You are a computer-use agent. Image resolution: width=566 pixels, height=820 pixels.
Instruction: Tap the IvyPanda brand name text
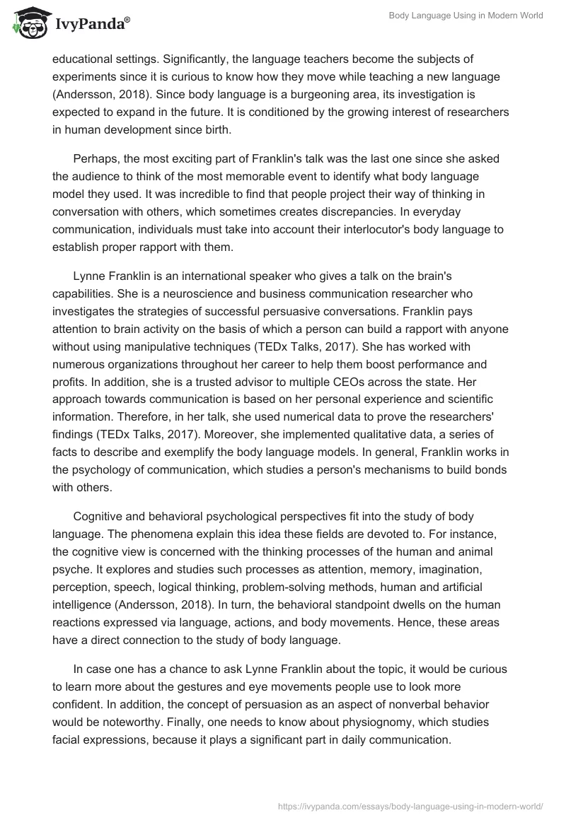89,25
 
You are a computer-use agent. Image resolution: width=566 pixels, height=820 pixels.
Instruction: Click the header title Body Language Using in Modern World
466,16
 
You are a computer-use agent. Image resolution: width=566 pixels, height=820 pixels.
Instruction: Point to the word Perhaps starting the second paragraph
96,158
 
